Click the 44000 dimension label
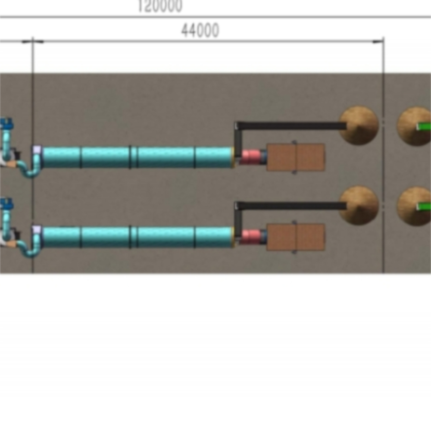coord(200,31)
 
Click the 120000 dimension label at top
coord(160,6)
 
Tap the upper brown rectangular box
coord(295,157)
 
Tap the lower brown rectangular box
coord(295,237)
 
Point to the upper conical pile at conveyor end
coord(359,125)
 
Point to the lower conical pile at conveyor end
coord(359,206)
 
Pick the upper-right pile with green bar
coord(414,126)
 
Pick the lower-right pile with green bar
coord(414,206)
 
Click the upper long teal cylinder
coord(138,157)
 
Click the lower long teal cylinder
coord(138,237)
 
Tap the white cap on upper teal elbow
coord(37,150)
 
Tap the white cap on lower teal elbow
coord(37,229)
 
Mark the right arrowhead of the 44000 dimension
coord(378,41)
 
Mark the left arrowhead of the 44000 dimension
coord(38,41)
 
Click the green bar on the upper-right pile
coord(424,126)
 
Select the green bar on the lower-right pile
coord(424,206)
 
